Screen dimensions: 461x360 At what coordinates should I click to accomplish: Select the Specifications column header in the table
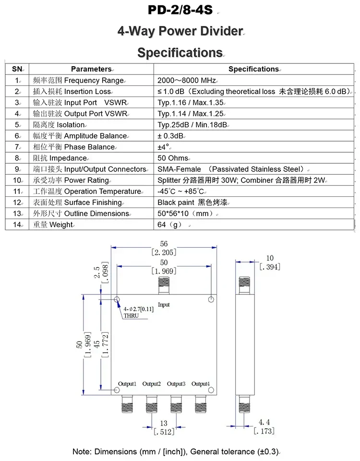(x=253, y=69)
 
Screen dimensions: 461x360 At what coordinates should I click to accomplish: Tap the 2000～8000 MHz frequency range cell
(x=187, y=80)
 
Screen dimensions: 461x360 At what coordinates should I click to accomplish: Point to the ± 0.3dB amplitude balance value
(x=171, y=136)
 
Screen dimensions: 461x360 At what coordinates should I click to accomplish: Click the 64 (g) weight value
(x=168, y=225)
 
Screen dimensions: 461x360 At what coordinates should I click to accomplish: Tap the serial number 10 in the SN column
(x=17, y=181)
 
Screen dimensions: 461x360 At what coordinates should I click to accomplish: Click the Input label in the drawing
(x=164, y=305)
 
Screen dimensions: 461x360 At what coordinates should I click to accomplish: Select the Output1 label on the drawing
(x=128, y=384)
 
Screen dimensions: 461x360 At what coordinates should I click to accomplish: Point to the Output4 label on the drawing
(x=200, y=384)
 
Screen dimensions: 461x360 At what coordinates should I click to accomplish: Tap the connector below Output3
(x=176, y=404)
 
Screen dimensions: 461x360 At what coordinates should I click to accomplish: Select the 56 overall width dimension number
(x=164, y=244)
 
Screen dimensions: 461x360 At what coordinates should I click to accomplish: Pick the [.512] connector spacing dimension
(x=164, y=432)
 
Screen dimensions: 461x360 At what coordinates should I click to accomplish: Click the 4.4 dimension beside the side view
(x=264, y=423)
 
